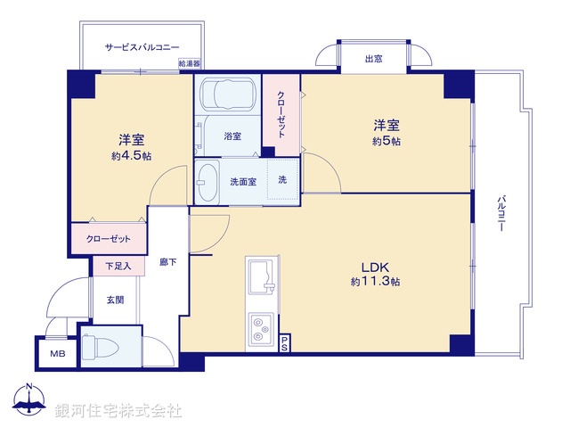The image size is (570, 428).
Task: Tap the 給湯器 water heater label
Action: pyautogui.click(x=189, y=64)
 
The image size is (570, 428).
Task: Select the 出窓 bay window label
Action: pyautogui.click(x=373, y=59)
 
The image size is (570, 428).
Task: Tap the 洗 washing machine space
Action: pyautogui.click(x=282, y=180)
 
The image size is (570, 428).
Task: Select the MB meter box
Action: pyautogui.click(x=57, y=354)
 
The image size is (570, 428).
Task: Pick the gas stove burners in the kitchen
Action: pyautogui.click(x=263, y=327)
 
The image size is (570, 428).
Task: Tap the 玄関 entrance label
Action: pyautogui.click(x=116, y=299)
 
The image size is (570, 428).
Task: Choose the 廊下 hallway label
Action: pyautogui.click(x=167, y=262)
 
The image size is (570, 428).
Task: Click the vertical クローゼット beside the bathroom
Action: pyautogui.click(x=281, y=114)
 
